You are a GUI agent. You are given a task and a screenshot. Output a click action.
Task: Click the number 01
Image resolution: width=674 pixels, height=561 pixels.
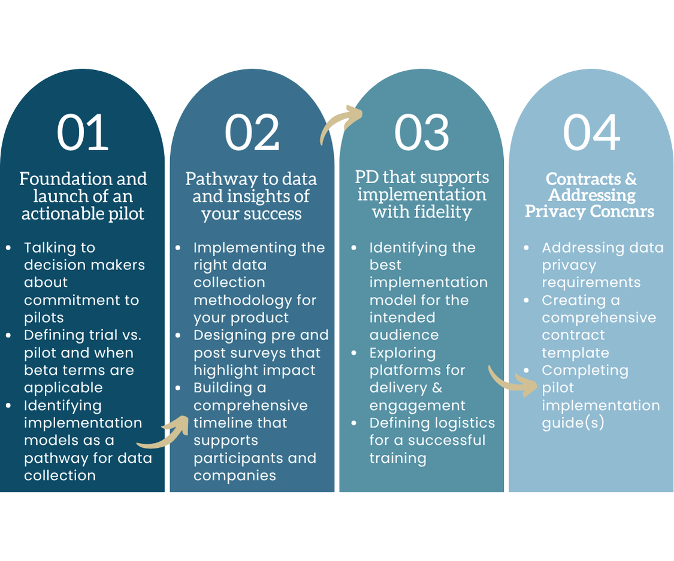point(83,133)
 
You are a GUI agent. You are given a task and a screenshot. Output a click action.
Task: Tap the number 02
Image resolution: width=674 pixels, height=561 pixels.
point(252,133)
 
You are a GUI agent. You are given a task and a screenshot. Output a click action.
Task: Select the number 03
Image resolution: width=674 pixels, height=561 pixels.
point(422,133)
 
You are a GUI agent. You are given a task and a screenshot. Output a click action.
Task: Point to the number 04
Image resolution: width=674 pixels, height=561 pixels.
point(591,133)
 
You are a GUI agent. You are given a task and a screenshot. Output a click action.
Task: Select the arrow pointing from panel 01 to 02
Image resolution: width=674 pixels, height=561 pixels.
point(163,433)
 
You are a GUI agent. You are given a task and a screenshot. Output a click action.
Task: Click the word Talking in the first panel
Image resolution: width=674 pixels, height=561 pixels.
point(59,247)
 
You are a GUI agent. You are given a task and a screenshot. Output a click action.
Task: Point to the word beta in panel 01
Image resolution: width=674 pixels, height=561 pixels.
point(43,371)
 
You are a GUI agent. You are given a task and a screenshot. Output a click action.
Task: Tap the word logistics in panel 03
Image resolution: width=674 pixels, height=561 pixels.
point(458,423)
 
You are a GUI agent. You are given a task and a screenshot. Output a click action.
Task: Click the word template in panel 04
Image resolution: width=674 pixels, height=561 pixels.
point(575,353)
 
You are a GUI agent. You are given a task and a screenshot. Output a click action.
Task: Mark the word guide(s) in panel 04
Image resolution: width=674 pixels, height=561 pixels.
point(573,423)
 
